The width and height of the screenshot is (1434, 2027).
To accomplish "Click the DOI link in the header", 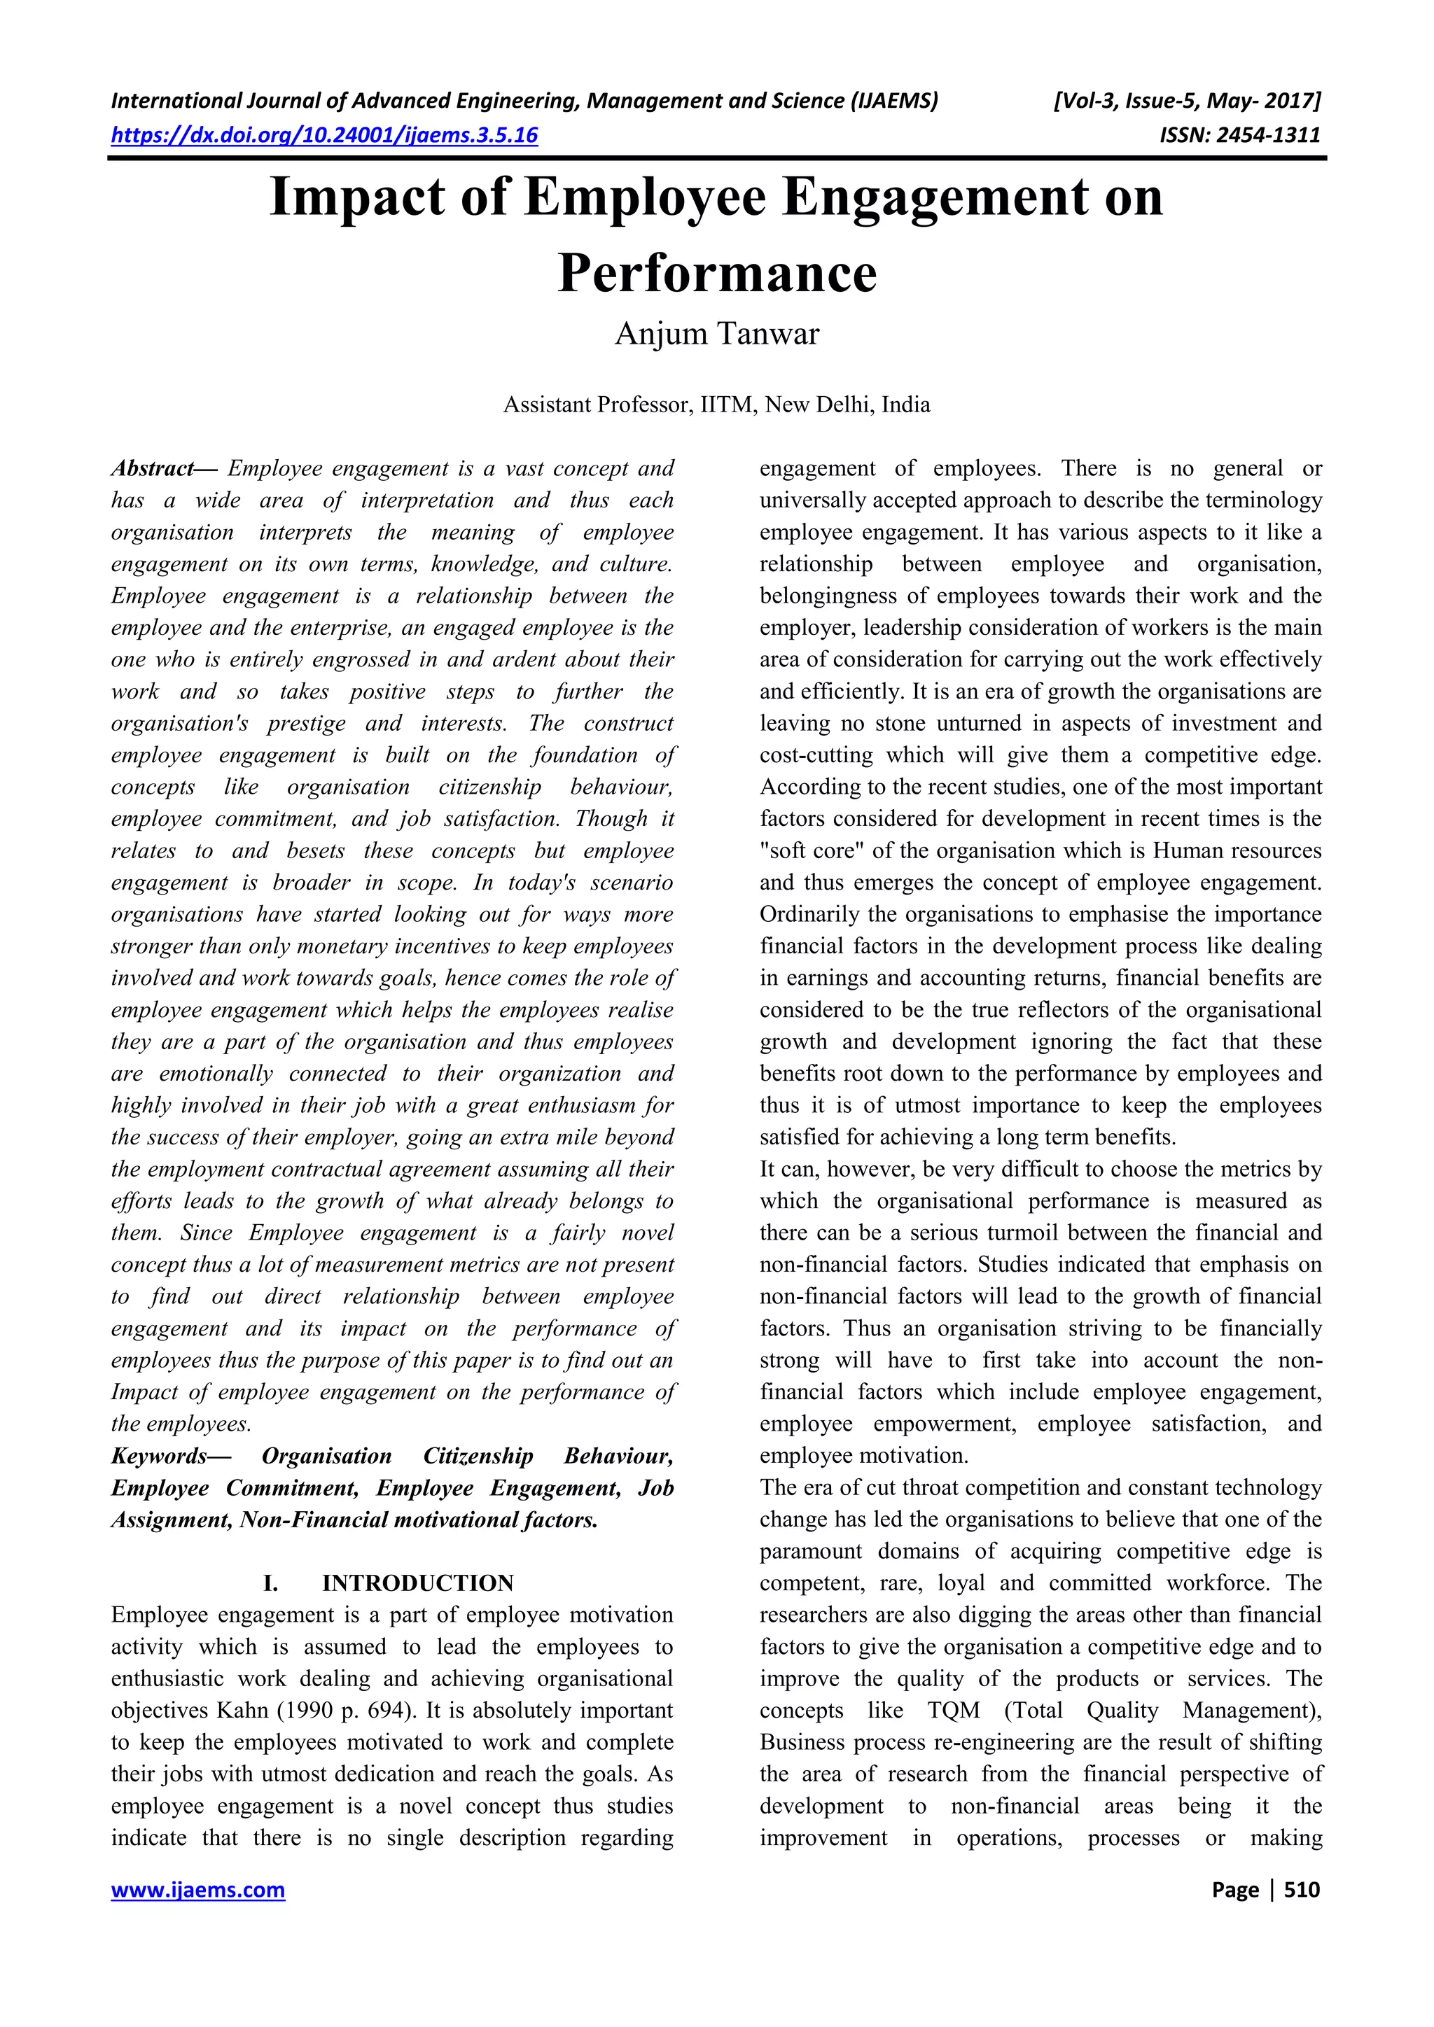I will (324, 135).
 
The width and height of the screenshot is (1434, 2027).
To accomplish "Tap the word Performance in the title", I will (717, 273).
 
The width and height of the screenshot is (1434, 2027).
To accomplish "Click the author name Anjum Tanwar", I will (717, 335).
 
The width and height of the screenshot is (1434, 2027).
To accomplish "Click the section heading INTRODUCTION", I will (417, 1583).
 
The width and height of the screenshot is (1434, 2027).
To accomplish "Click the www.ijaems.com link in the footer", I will (197, 1889).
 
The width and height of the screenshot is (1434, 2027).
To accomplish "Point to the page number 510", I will (1302, 1889).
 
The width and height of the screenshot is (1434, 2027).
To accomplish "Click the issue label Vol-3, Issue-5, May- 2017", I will (1187, 101).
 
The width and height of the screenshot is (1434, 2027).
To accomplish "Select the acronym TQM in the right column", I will (954, 1710).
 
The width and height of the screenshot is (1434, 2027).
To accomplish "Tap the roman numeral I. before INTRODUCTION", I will (272, 1583).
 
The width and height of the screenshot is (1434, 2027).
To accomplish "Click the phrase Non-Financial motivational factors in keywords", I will (419, 1520).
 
